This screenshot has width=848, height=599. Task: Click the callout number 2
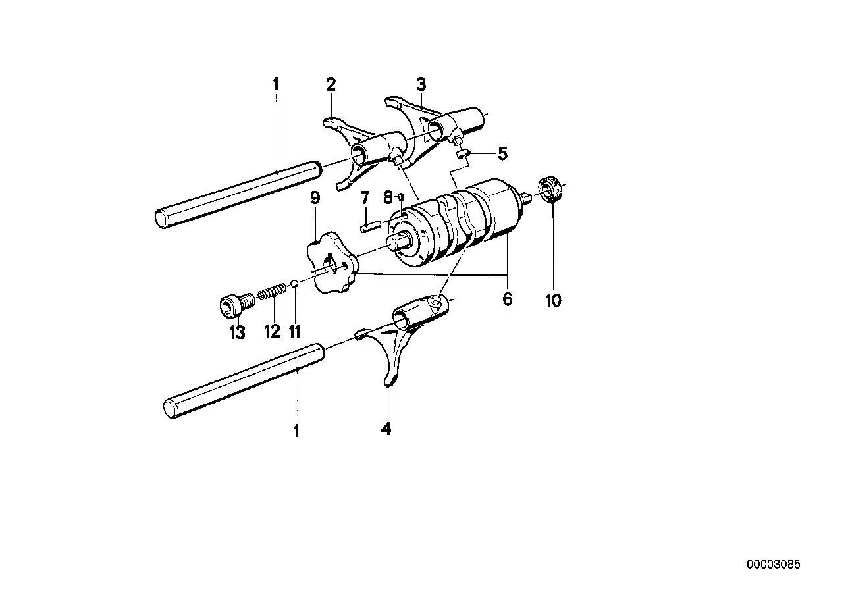point(331,84)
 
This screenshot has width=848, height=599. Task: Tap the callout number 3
point(421,84)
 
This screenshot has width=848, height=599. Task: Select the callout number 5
point(503,155)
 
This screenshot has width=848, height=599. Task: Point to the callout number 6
point(507,299)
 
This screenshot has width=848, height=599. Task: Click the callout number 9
point(315,197)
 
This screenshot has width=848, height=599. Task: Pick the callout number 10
point(553,301)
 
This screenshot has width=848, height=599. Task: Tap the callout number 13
point(237,332)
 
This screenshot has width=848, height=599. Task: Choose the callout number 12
point(272,331)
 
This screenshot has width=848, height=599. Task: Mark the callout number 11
point(294,331)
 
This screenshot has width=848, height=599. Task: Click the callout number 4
point(386,429)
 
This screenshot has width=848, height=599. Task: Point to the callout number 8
point(388,197)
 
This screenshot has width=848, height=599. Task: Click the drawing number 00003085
point(773,564)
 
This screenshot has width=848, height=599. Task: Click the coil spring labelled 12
point(269,290)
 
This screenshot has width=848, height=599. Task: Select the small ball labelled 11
point(296,284)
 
